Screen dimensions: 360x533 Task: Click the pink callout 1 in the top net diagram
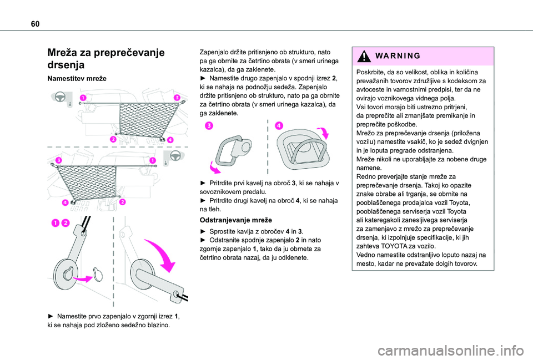83,98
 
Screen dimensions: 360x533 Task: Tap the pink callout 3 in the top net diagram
177,98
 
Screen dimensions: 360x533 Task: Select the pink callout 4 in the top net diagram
169,139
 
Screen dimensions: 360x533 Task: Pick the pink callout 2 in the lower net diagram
123,202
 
